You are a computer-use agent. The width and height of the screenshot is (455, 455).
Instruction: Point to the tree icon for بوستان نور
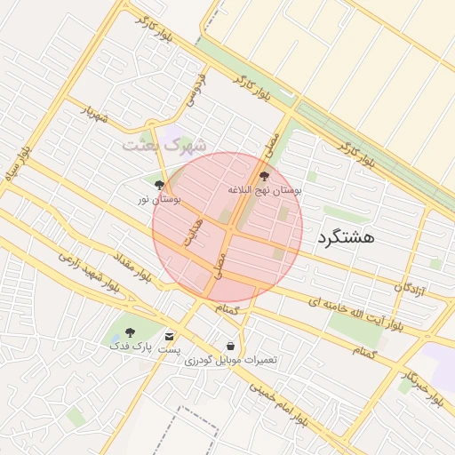[x=159, y=185]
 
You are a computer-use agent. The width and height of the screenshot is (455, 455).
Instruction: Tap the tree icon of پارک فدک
[x=130, y=331]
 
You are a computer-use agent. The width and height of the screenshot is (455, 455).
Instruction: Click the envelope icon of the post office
[x=169, y=336]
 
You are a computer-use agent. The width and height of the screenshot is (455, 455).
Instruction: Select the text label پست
[x=169, y=350]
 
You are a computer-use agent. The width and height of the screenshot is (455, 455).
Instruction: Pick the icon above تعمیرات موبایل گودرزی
[x=231, y=346]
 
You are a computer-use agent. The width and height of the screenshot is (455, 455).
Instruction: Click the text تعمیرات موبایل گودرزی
[x=231, y=360]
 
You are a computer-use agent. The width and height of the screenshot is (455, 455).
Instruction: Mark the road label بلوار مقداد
[x=131, y=267]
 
